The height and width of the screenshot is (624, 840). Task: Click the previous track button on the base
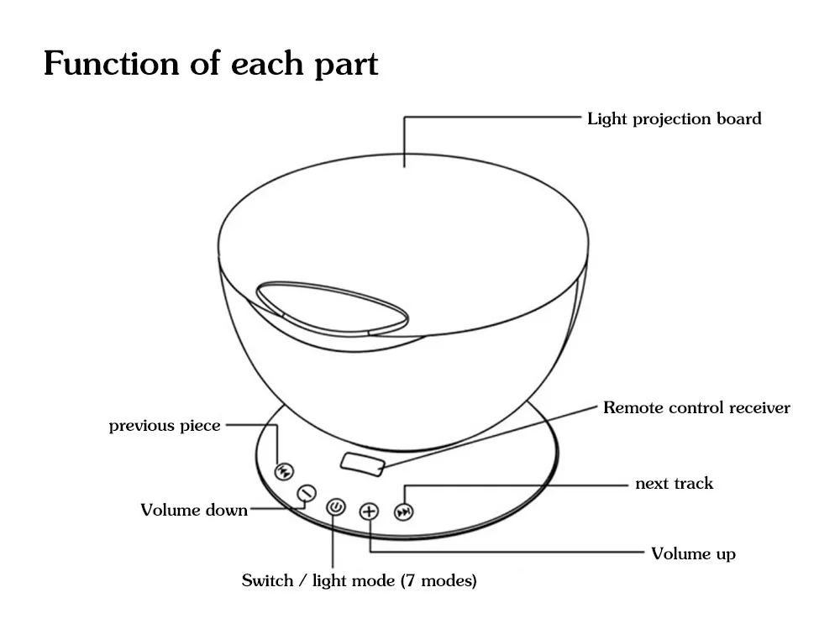284,470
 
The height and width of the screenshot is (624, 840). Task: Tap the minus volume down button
307,493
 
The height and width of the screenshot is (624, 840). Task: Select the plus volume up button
370,511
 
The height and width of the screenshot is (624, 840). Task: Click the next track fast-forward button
405,511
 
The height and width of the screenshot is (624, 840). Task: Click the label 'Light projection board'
674,118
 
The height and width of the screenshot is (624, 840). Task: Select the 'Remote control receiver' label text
696,408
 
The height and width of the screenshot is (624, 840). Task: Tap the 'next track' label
674,484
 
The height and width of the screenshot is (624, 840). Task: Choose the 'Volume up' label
693,553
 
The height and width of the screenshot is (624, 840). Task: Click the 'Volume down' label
194,510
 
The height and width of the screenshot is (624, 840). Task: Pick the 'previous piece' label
165,426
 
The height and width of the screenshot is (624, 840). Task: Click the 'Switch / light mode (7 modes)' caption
359,580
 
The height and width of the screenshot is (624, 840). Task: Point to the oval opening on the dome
333,307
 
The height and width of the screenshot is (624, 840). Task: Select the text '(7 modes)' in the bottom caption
438,580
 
